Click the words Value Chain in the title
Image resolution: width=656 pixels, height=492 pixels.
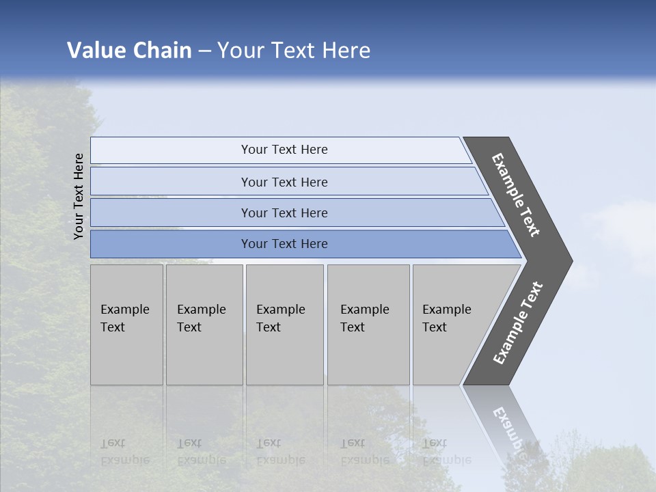tap(129, 51)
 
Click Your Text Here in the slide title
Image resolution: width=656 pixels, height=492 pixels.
tap(294, 51)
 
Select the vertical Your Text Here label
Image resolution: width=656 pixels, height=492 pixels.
tap(79, 196)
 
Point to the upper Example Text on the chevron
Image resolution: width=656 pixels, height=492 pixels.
tap(516, 195)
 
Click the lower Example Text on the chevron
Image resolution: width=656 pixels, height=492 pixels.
tap(518, 323)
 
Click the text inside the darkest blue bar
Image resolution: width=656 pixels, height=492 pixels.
tap(284, 244)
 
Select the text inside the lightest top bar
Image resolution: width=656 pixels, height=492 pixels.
tap(284, 150)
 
